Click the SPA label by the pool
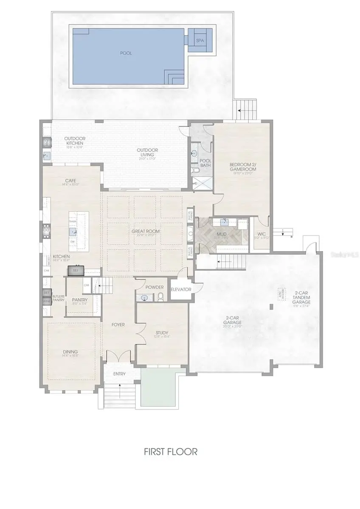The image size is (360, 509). pos(200,40)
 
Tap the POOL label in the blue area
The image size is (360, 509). pos(126,53)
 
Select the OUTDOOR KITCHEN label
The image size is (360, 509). pos(75,141)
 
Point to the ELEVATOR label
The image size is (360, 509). pos(181,289)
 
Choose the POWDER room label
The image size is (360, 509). pos(155,287)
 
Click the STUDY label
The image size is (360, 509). pos(162,333)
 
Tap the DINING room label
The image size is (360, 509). pos(70,352)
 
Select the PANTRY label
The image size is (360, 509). pos(80,300)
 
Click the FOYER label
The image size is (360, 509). pos(118,324)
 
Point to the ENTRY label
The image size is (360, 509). pos(120,374)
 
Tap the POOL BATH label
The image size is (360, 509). pos(205,162)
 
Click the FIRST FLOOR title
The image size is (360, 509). pos(170,451)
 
